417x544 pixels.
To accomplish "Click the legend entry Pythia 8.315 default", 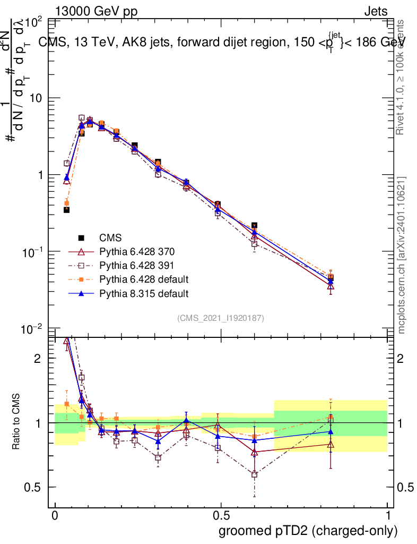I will tap(143, 293).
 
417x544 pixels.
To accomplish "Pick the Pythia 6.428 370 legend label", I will tap(136, 251).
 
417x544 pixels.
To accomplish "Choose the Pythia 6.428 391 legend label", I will tap(136, 265).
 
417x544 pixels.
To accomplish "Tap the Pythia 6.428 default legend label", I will tap(143, 279).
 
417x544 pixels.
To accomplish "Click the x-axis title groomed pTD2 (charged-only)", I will tap(308, 530).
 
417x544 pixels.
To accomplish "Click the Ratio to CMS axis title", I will tap(17, 423).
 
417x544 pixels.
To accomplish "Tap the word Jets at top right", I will tap(375, 11).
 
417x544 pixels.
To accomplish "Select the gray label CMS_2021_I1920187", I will tap(221, 318).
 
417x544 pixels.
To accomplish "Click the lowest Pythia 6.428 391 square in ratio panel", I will tap(255, 474).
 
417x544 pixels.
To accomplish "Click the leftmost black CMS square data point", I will tap(66, 210).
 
